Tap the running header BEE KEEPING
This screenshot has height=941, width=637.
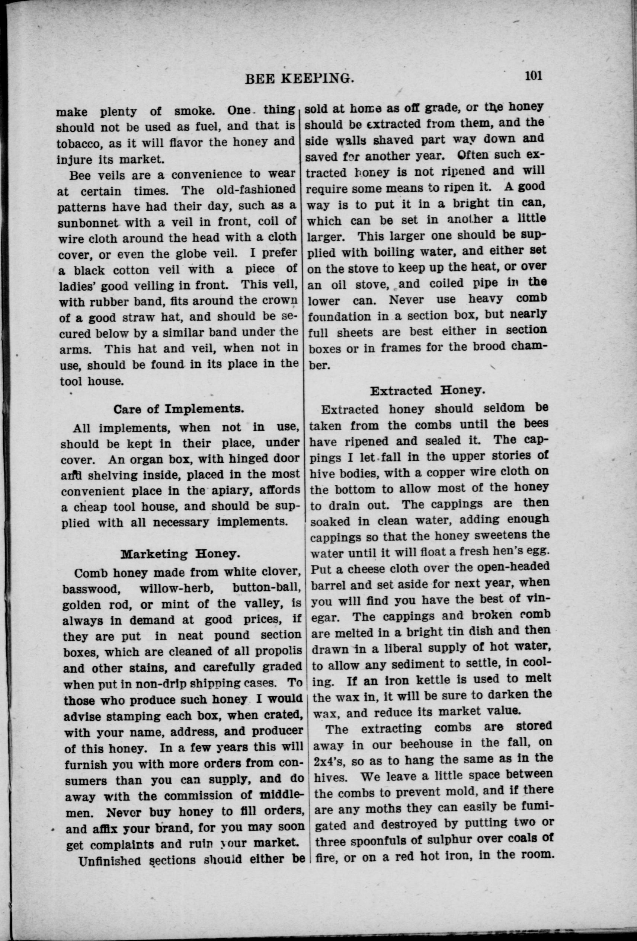(x=300, y=79)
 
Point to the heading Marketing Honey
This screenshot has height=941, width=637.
(x=179, y=554)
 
